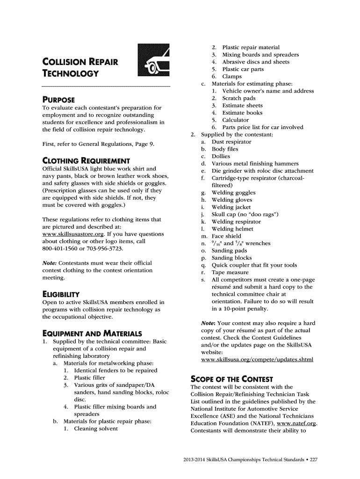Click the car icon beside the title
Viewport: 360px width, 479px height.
153,59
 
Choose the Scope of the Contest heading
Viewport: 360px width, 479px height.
232,379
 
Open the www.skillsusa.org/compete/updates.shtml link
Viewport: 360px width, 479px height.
257,359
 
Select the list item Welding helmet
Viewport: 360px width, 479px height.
232,229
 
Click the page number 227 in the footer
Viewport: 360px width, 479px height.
313,460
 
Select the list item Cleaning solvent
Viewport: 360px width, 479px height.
96,428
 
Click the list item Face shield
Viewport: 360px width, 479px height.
227,236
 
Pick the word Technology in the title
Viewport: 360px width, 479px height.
71,73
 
